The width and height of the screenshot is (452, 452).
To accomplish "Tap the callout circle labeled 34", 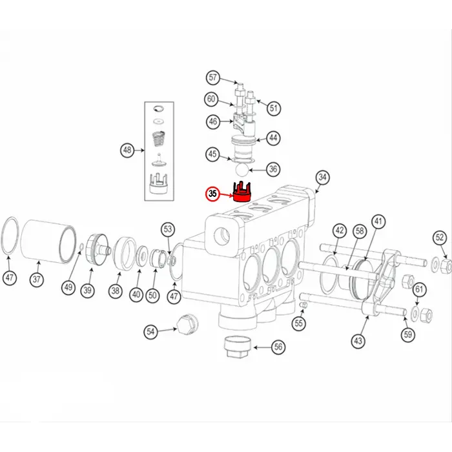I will (322, 177).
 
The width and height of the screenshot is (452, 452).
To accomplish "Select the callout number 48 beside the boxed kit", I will (127, 150).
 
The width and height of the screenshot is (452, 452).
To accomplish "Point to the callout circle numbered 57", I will (213, 78).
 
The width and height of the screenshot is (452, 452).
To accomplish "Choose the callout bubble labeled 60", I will (211, 99).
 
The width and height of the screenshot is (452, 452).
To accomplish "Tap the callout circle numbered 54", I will (150, 331).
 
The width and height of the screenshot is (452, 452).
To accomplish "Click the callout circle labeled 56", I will (278, 347).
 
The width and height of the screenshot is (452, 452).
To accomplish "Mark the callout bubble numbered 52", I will (440, 237).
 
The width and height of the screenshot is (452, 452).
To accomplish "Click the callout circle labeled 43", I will (358, 340).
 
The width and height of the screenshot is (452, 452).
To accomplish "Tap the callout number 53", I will (168, 229).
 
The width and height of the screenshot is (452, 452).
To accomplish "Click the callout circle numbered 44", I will (274, 138).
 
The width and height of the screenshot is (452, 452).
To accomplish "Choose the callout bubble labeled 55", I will (298, 322).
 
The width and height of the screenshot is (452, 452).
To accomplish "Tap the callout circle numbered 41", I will (378, 221).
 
